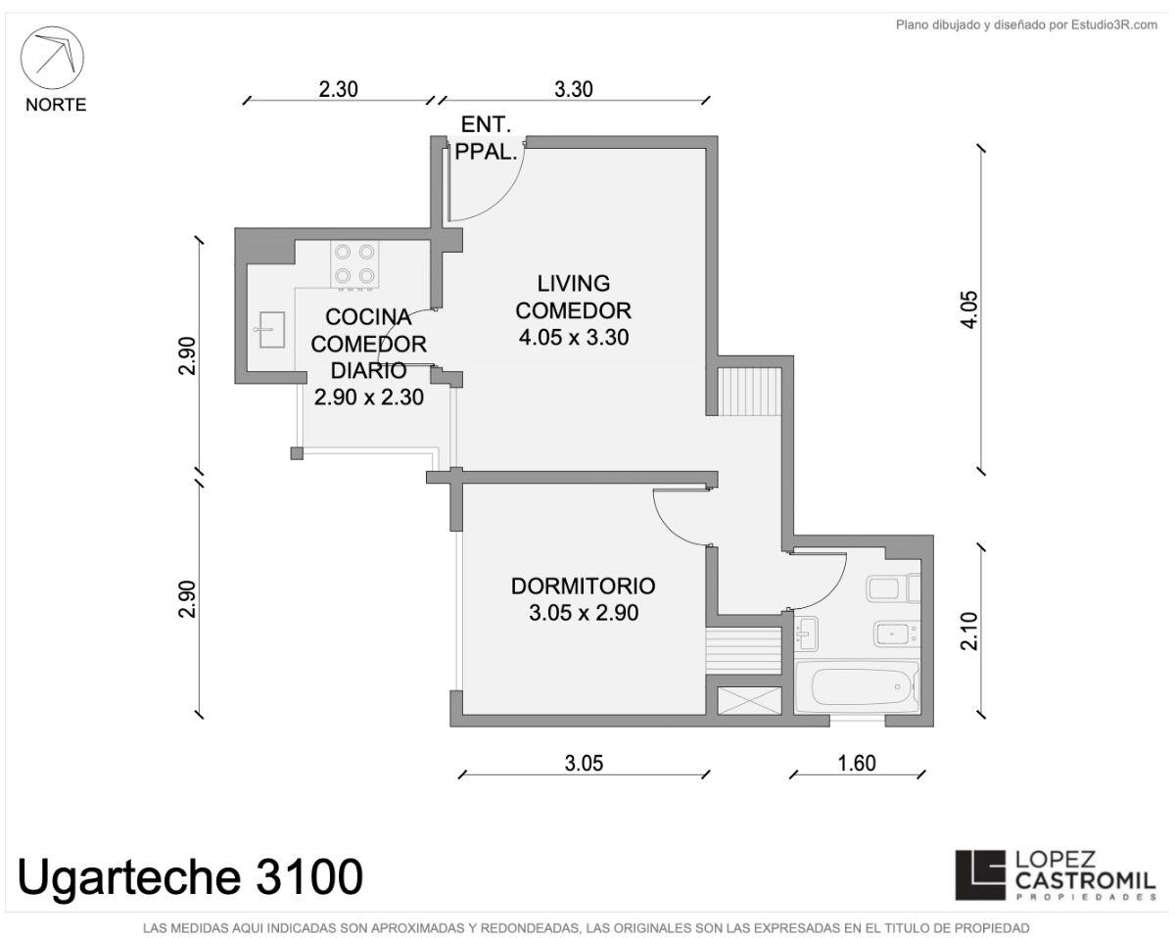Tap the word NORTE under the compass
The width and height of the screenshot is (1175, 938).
tap(56, 105)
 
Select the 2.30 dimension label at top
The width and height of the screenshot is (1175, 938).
tap(338, 89)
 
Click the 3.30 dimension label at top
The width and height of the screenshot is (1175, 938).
tap(574, 89)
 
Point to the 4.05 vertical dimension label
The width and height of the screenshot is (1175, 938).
tap(969, 310)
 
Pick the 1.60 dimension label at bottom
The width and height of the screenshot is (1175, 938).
tap(857, 764)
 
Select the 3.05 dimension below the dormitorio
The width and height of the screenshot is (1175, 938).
tap(584, 764)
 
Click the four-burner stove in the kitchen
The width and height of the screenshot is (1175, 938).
tap(354, 264)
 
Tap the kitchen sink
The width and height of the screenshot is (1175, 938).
tap(271, 330)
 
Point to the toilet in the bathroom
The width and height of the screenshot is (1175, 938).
tap(893, 588)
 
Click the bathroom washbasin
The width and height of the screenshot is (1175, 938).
tap(806, 634)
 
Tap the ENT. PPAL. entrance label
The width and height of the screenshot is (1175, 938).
tap(486, 138)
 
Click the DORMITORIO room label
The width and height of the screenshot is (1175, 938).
tap(584, 586)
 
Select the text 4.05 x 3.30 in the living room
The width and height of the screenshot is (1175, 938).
tap(574, 338)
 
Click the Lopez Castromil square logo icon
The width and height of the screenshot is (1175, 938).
tap(980, 875)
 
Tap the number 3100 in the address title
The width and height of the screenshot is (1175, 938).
tap(309, 876)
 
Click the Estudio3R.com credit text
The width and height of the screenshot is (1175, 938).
tap(1026, 25)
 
